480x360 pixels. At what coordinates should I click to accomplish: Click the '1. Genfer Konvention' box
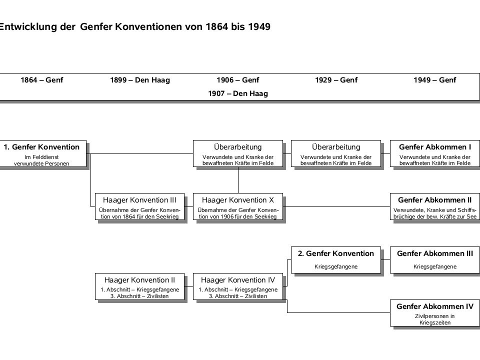(43, 153)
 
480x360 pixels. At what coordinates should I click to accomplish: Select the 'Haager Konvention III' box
(139, 206)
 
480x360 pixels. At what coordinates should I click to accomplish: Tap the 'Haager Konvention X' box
(238, 206)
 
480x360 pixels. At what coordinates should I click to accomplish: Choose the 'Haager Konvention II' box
(139, 286)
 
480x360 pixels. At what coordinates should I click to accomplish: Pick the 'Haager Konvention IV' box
(238, 286)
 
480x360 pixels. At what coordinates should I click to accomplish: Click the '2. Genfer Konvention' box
(336, 260)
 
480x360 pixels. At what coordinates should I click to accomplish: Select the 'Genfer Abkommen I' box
(434, 153)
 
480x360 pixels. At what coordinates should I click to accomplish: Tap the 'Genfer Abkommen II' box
(434, 206)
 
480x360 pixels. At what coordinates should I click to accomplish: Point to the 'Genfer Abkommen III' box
(434, 260)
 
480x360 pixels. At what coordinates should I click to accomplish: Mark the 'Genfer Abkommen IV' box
(434, 313)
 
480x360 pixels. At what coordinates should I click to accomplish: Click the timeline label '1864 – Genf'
(41, 80)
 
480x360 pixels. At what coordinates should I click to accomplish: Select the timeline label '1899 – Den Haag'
(140, 80)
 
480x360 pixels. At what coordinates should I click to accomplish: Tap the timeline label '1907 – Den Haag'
(238, 93)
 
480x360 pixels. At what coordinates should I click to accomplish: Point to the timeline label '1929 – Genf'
(336, 80)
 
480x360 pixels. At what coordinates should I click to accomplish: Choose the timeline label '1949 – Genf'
(434, 80)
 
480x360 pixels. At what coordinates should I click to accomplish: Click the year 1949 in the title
(259, 26)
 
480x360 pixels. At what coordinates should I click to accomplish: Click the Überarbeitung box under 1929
(336, 153)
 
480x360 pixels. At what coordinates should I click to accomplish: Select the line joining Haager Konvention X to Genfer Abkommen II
(336, 206)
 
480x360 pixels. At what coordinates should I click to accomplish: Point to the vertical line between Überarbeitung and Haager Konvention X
(238, 180)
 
